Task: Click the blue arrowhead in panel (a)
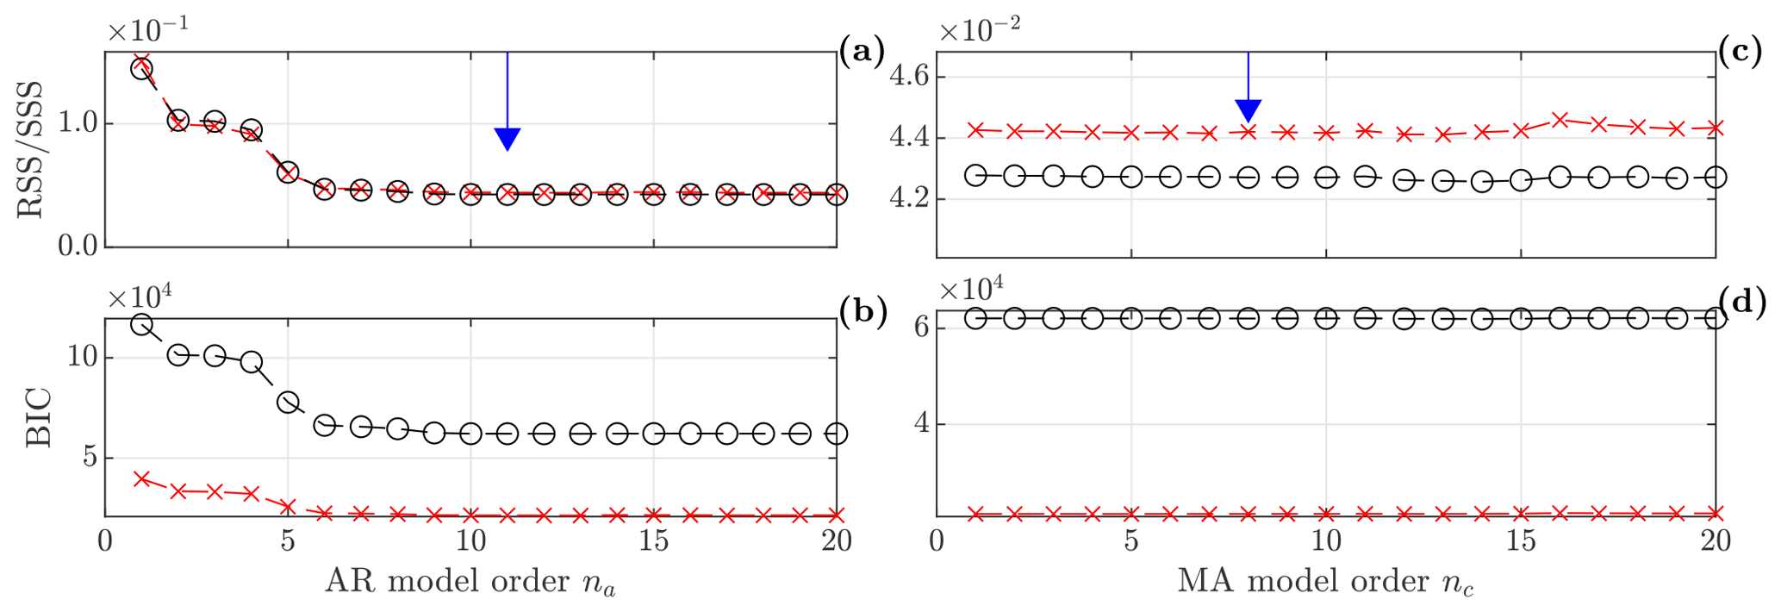point(508,138)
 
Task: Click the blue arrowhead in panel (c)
point(1249,110)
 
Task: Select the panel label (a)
point(862,53)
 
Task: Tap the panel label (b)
point(862,312)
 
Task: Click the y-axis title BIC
point(40,419)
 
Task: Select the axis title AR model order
point(470,582)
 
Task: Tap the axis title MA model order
point(1325,582)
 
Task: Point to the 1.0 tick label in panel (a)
point(78,123)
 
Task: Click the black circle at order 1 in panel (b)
point(141,324)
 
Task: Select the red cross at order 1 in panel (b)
point(142,478)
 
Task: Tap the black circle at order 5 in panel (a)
point(288,172)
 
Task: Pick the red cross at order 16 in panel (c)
point(1560,119)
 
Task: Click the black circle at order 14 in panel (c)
point(1482,182)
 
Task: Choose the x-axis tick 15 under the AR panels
point(654,541)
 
